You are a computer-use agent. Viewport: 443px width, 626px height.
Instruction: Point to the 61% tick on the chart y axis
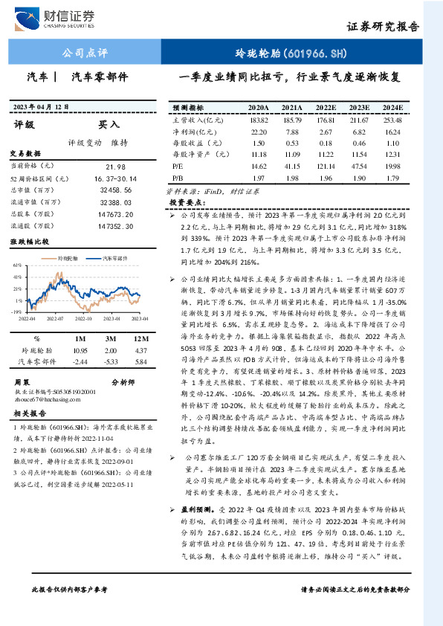coord(16,265)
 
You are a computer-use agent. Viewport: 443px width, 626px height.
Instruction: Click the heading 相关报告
coord(29,413)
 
